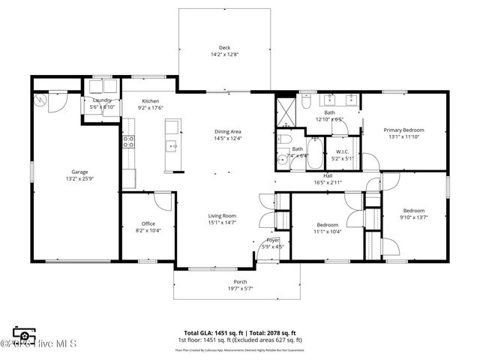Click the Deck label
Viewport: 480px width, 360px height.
pos(224,47)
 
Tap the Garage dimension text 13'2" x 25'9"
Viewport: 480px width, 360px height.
pos(81,178)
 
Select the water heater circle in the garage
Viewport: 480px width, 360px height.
pos(40,99)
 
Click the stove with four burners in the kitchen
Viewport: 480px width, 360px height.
pos(128,141)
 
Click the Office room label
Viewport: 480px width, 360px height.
pos(148,223)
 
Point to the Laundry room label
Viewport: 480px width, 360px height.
pos(103,100)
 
